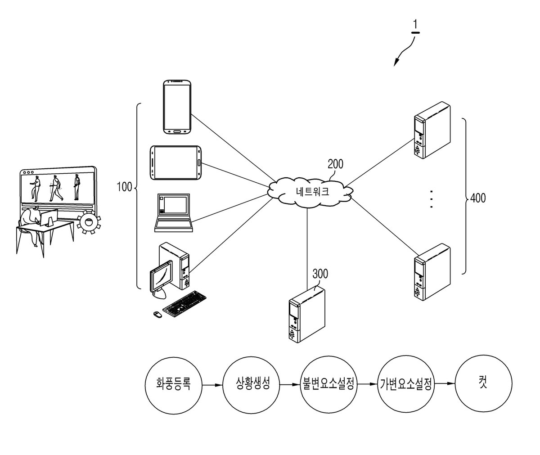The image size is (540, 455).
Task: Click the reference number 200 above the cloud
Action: click(x=335, y=164)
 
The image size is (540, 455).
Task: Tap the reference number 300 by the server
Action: click(x=320, y=274)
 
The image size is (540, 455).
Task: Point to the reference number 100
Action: click(x=124, y=187)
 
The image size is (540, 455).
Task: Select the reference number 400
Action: click(x=477, y=198)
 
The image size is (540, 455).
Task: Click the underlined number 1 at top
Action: click(x=415, y=27)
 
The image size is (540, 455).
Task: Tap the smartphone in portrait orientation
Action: click(x=177, y=107)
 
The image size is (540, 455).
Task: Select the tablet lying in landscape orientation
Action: click(x=176, y=162)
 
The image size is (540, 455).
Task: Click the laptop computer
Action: click(x=174, y=213)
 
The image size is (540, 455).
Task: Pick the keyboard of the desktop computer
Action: click(x=184, y=304)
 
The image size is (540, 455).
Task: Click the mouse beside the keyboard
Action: click(x=157, y=315)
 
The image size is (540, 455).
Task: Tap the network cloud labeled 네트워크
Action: click(x=310, y=192)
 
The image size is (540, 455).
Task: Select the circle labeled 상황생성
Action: click(x=251, y=384)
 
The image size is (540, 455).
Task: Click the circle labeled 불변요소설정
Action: click(x=328, y=384)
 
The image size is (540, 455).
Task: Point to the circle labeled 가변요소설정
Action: click(x=405, y=384)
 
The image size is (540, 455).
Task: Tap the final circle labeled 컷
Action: click(x=483, y=383)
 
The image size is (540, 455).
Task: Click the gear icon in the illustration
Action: click(x=89, y=222)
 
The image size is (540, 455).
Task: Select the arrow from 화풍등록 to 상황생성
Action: click(x=212, y=385)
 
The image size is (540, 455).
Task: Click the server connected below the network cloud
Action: click(x=307, y=314)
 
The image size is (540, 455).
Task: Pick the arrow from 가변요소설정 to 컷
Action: click(x=444, y=383)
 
